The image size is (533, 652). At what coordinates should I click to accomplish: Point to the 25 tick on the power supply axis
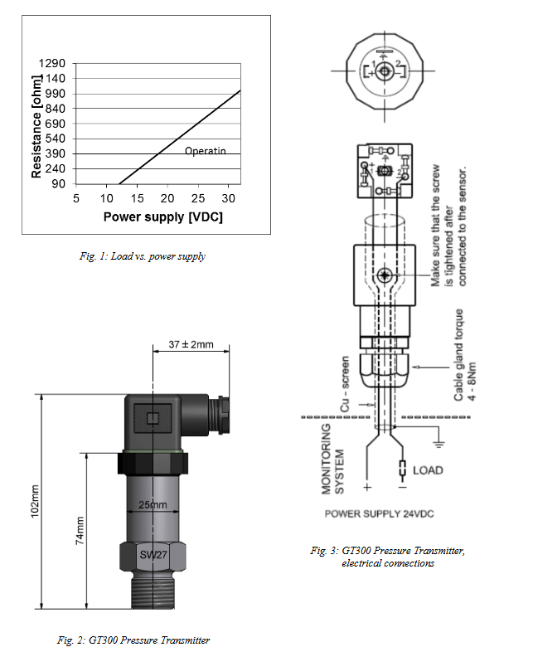tap(198, 199)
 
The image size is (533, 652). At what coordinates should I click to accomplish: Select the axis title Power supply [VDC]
tap(163, 217)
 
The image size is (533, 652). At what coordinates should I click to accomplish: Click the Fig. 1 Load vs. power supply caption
tap(138, 256)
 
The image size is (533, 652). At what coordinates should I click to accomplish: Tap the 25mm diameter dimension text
tap(153, 505)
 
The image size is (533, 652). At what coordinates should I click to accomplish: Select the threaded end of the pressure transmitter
tap(153, 592)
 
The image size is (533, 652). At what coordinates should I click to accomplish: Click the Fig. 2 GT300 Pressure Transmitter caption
tap(133, 640)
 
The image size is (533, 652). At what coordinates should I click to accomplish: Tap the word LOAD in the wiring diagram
tap(428, 470)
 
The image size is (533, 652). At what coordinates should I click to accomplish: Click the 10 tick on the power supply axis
tap(106, 199)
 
